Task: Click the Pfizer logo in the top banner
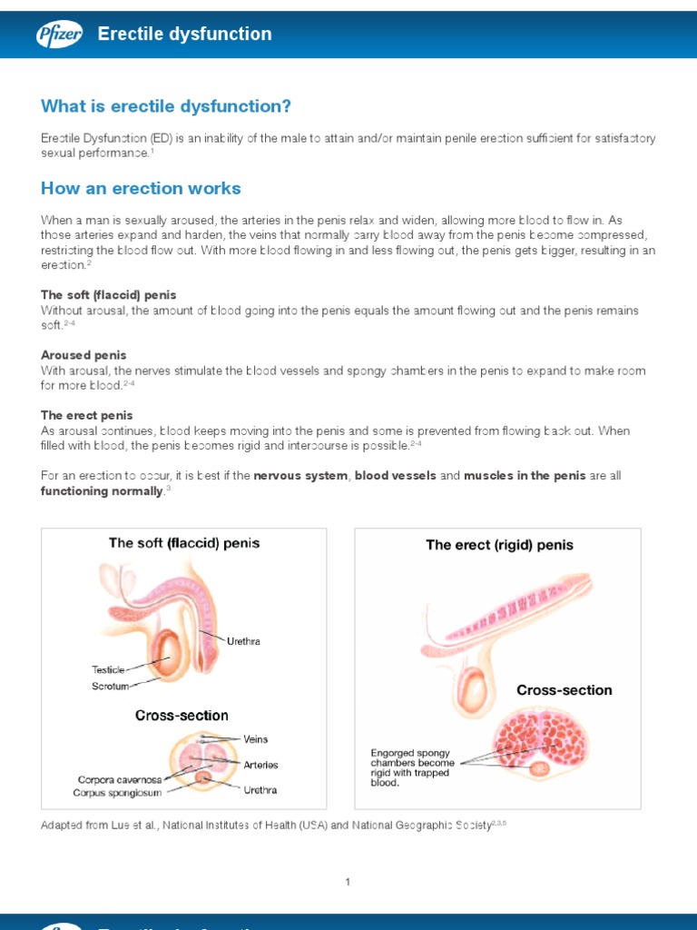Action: (x=59, y=35)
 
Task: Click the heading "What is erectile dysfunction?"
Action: (x=166, y=106)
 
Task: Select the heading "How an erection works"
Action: (x=141, y=188)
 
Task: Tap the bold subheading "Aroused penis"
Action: (x=83, y=355)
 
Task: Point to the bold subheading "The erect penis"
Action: (x=87, y=415)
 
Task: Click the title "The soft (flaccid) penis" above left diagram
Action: (x=184, y=543)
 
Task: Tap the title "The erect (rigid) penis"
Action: (x=499, y=545)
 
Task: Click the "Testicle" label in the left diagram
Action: (x=108, y=669)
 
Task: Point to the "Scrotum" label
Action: (x=110, y=687)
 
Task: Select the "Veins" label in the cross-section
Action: (x=256, y=739)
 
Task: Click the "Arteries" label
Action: (x=261, y=765)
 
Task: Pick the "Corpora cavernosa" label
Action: (x=120, y=779)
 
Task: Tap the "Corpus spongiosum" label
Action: (x=118, y=793)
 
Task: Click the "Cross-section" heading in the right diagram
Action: (x=564, y=690)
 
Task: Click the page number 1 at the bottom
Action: (x=348, y=882)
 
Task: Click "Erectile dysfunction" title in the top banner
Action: (x=184, y=35)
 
